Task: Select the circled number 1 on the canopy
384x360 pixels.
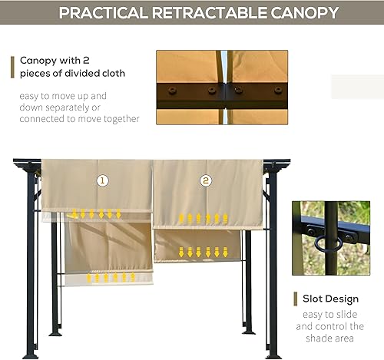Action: point(102,181)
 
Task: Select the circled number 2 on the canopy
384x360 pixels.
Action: point(206,181)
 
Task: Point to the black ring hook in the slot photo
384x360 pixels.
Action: point(322,244)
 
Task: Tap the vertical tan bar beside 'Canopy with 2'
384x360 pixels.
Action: point(12,66)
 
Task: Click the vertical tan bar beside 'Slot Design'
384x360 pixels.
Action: point(295,299)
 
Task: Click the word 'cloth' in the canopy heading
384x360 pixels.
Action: point(109,74)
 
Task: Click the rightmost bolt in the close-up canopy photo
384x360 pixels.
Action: point(278,91)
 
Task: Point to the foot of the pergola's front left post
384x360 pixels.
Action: point(31,355)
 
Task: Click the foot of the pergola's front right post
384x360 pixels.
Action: point(273,355)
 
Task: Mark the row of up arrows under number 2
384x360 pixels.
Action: point(200,219)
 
